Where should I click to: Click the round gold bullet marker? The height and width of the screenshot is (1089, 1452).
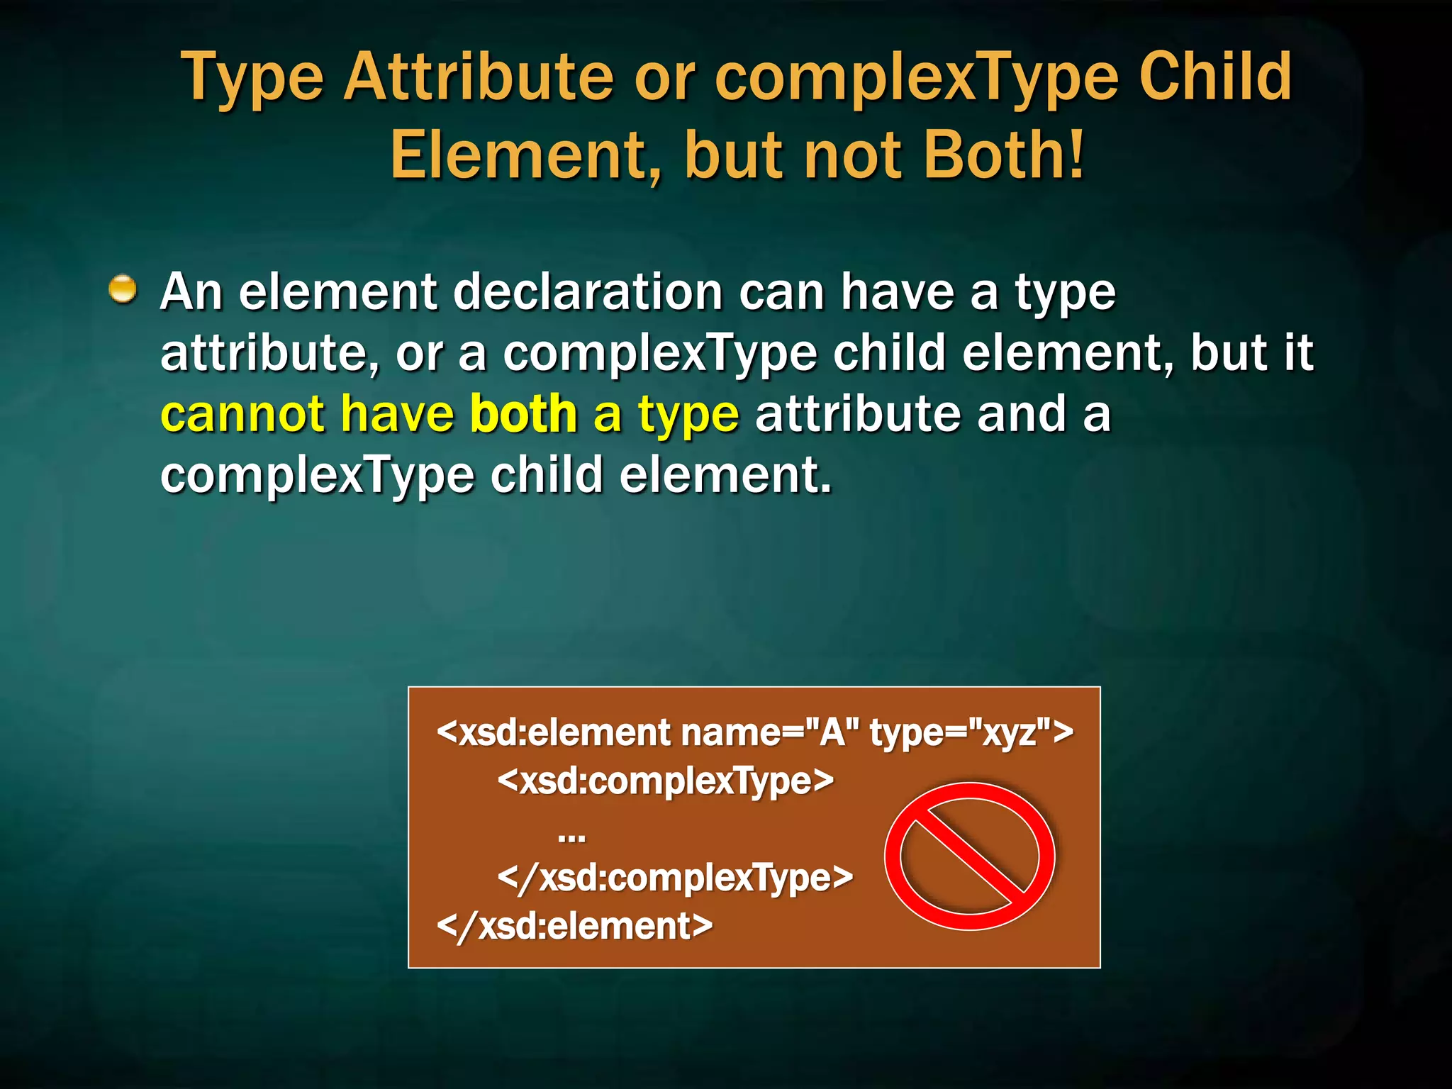tap(123, 289)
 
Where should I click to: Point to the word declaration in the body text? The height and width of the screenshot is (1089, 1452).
tap(588, 292)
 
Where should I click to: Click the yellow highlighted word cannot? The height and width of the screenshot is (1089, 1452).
tap(242, 414)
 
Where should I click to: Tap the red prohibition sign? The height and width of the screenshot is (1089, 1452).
tap(969, 856)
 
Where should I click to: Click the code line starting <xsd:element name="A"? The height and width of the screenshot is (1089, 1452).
tap(754, 732)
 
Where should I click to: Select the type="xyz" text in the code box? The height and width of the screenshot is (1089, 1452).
tap(971, 732)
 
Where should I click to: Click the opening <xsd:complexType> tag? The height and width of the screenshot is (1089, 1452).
tap(665, 781)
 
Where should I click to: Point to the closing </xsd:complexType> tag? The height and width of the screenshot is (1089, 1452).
tap(675, 878)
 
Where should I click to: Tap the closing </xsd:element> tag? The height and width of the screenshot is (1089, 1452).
tap(575, 926)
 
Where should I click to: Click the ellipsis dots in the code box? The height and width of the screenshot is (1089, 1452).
tap(571, 837)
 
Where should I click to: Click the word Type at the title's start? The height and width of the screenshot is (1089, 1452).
tap(252, 78)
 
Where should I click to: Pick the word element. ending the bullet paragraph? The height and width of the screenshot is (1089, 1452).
tap(725, 475)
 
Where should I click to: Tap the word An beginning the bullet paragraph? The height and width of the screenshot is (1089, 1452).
tap(191, 292)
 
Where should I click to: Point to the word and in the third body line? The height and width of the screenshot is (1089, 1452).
tap(1021, 414)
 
